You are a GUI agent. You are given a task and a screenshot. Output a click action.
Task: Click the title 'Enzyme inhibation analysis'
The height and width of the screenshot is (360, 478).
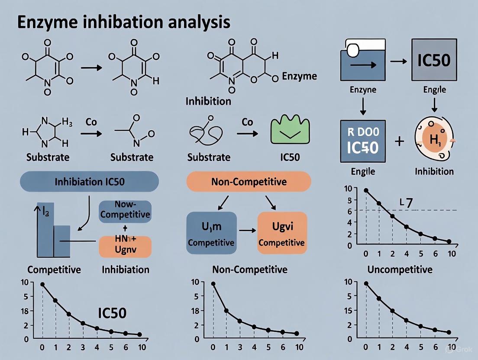coord(124,22)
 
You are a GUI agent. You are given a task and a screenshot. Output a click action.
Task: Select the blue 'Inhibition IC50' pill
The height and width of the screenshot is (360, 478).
coord(89,181)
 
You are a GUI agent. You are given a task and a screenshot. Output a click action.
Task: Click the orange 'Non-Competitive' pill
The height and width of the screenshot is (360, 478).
coord(249,181)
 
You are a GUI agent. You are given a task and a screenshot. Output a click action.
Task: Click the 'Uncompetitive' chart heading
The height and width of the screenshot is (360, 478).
coord(400,270)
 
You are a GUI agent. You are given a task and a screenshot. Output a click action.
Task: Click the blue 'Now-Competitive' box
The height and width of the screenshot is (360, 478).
coord(125,211)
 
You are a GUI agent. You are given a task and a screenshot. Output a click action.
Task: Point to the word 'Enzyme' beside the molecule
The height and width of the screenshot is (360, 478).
coord(299,77)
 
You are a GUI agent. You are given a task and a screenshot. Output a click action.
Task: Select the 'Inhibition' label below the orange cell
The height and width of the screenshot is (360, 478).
coord(434,171)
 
